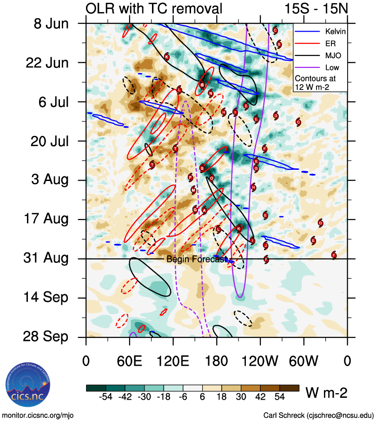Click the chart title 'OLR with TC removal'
(154, 8)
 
